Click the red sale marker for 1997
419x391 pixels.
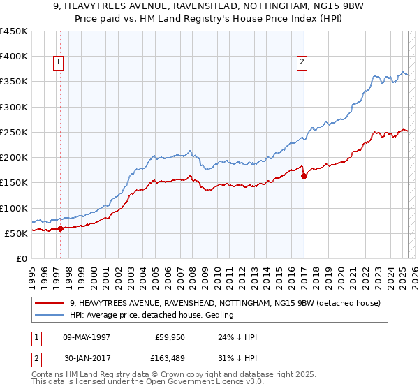(60, 228)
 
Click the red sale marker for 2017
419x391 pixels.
(304, 176)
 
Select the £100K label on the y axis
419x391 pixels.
(13, 208)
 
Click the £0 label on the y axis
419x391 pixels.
(22, 258)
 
